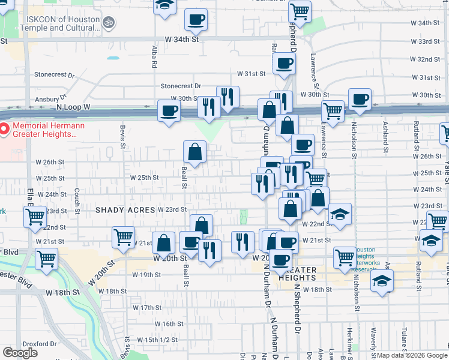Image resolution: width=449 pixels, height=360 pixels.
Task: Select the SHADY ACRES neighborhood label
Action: [x=125, y=209]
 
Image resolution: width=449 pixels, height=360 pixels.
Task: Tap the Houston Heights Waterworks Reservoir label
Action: [x=372, y=257]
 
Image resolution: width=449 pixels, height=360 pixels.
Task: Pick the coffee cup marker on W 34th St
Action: [x=196, y=20]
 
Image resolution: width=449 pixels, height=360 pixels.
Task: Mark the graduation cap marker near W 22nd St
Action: [x=340, y=214]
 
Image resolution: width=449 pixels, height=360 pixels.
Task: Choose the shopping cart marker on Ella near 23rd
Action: [x=35, y=216]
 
